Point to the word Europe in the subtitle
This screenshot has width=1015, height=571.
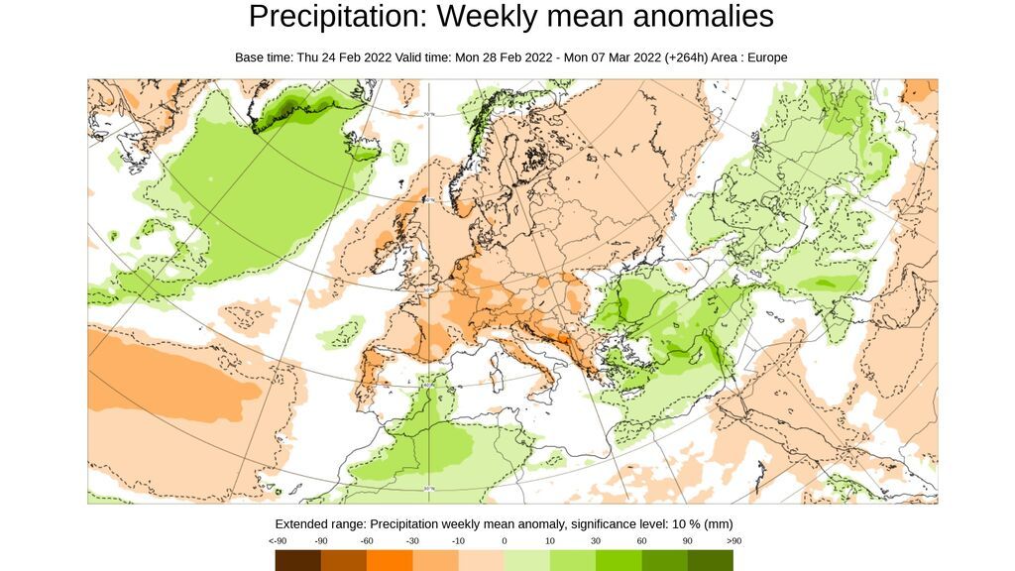coord(766,57)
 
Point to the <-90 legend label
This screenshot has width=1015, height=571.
coord(278,541)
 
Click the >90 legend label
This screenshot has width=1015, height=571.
coord(733,541)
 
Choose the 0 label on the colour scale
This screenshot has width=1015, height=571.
coord(505,541)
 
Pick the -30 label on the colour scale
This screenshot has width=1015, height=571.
coord(412,541)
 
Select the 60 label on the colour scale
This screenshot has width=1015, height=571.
coord(642,541)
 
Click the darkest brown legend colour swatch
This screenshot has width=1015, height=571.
coord(298,560)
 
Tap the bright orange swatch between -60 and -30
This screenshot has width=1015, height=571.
coord(390,560)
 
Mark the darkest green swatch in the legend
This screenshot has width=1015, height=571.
coord(711,560)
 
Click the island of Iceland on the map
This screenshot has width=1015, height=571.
coord(400,153)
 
